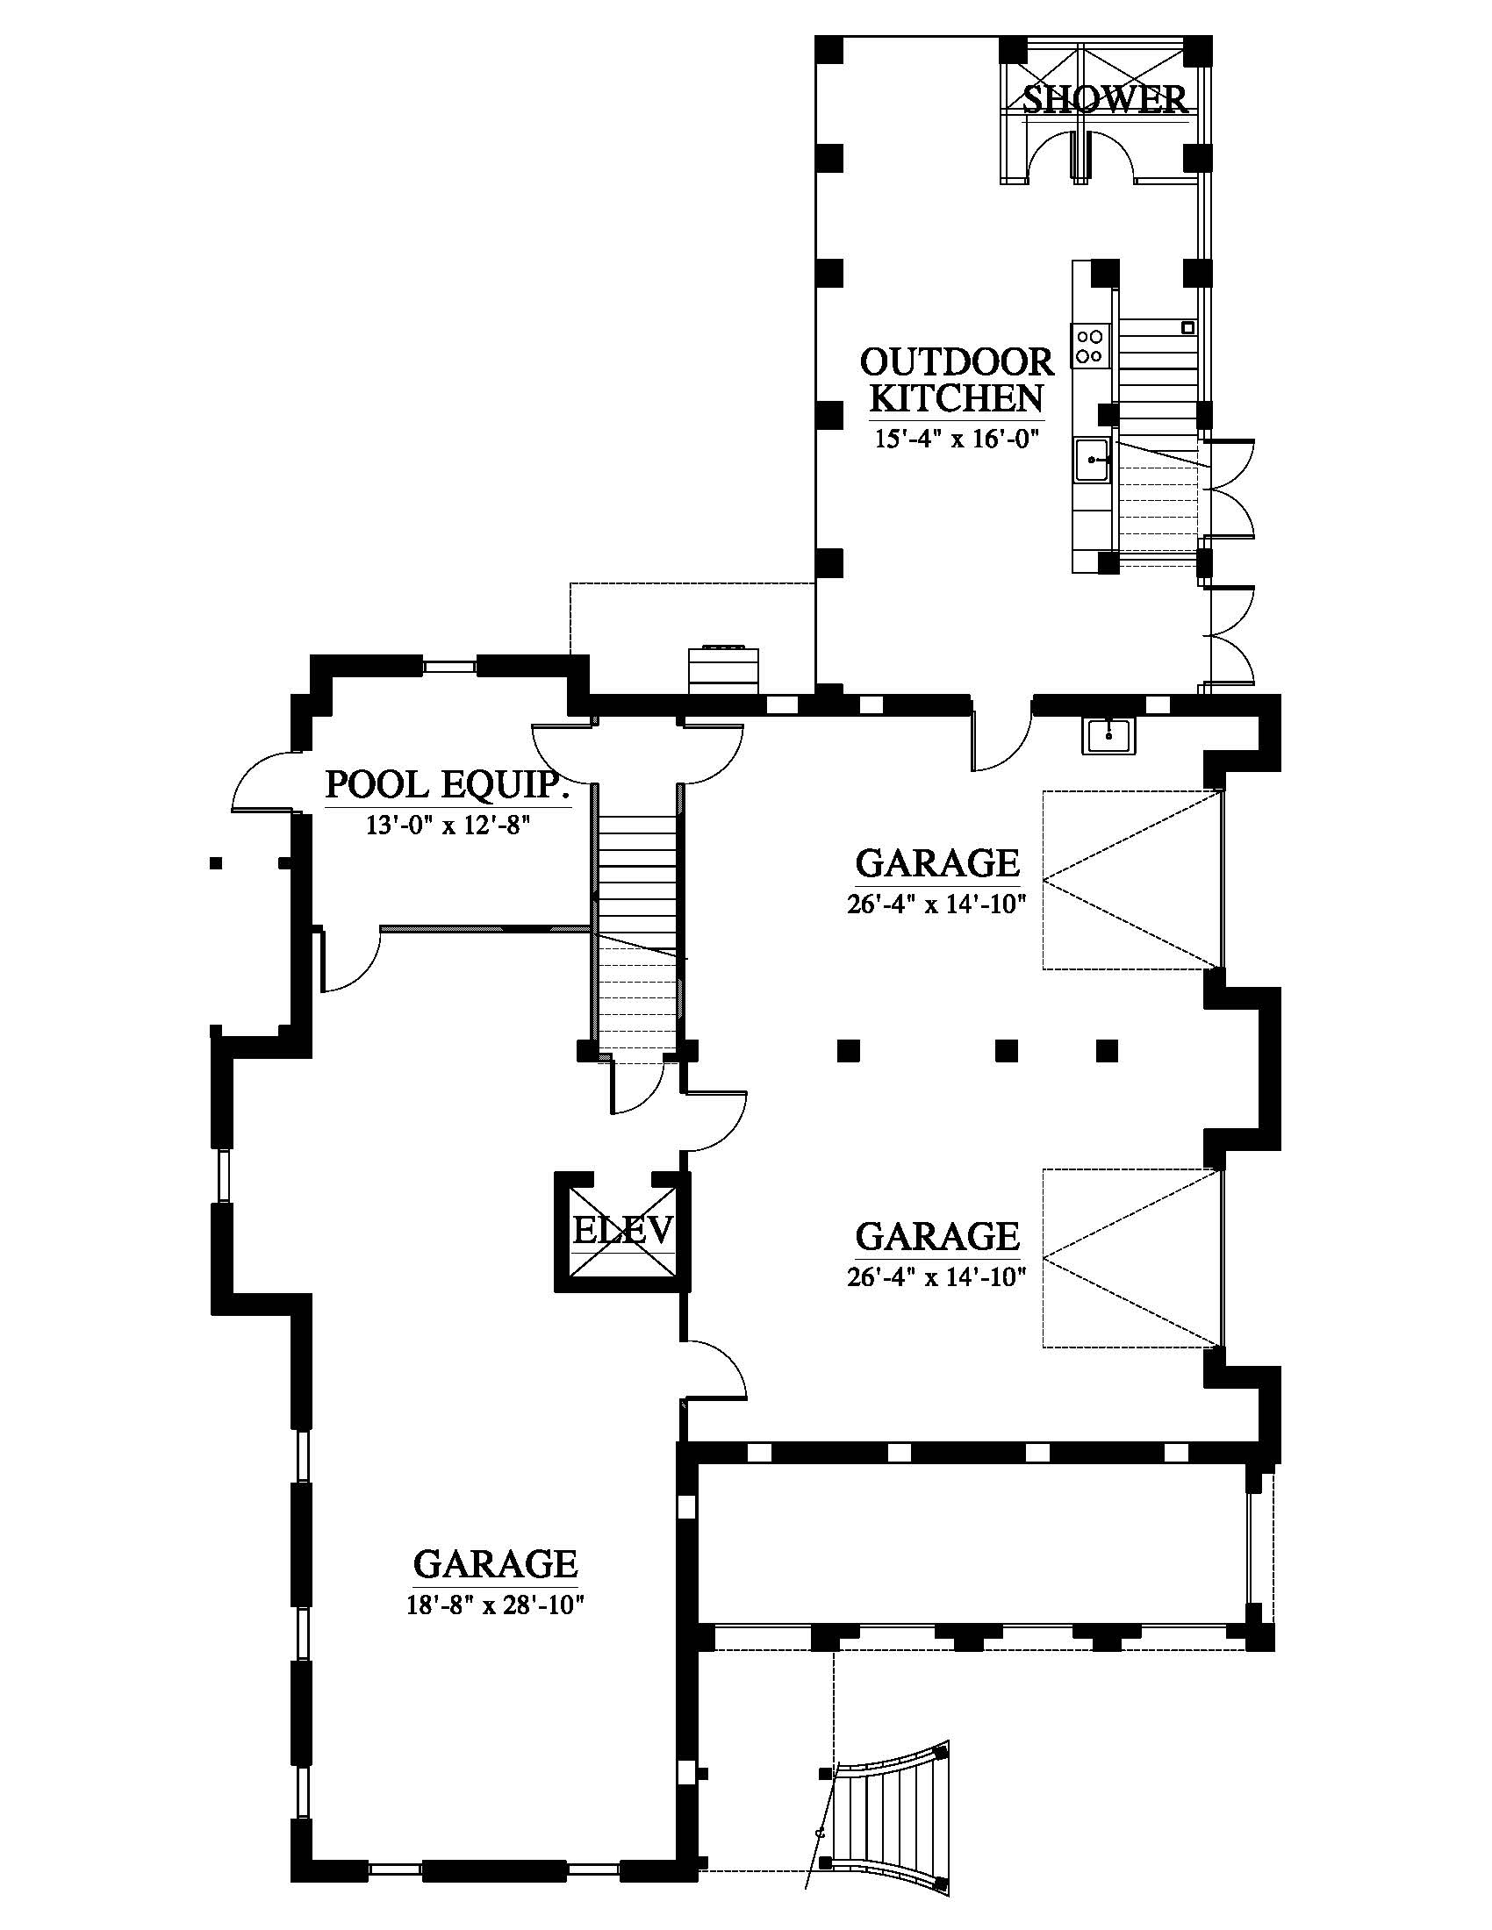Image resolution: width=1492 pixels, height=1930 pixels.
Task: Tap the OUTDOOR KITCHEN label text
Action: [957, 380]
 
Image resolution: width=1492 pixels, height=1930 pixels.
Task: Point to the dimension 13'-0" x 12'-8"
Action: [447, 826]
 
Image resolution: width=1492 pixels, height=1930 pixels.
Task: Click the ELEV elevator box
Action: [622, 1232]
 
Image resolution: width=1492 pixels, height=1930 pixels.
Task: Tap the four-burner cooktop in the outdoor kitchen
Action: [1089, 346]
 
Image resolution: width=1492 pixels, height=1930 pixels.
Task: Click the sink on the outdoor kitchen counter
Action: [1094, 460]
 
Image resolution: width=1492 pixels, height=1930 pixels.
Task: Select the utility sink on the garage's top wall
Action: [1108, 735]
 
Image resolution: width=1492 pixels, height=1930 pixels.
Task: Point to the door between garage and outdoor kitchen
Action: [1001, 740]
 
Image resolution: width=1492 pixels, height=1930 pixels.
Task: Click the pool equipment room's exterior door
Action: [262, 781]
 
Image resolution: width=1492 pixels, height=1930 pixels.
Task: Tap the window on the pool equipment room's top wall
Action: [450, 665]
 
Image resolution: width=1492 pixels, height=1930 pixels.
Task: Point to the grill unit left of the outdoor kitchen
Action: [724, 665]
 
